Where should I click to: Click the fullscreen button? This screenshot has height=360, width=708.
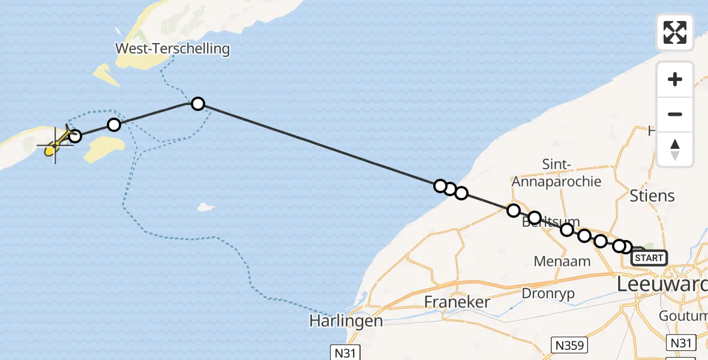[x=675, y=32]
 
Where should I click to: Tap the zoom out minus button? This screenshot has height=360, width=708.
[x=675, y=114]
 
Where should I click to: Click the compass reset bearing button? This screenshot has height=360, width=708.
[x=675, y=149]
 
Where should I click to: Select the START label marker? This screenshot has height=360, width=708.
[x=649, y=258]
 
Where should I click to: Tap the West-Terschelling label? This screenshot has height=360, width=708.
[x=173, y=49]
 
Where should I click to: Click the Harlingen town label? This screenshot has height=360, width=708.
[x=346, y=320]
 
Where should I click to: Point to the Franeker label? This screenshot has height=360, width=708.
[x=457, y=302]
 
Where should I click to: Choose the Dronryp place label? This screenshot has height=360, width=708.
[x=548, y=294]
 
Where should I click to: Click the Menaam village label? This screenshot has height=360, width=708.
[x=562, y=261]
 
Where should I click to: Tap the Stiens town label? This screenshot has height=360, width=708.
[x=652, y=196]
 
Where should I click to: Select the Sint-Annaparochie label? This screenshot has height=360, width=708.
[x=556, y=173]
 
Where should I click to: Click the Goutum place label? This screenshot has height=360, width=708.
[x=683, y=316]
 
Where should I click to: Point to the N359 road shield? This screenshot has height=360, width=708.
[x=569, y=345]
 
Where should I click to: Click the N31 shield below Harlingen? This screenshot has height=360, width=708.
[x=345, y=352]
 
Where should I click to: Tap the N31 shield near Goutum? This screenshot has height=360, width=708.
[x=681, y=343]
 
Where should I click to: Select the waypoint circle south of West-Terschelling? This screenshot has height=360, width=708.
[x=197, y=104]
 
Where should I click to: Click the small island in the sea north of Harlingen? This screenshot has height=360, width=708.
[x=206, y=208]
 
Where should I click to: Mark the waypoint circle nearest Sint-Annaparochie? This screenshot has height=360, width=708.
[x=513, y=210]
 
